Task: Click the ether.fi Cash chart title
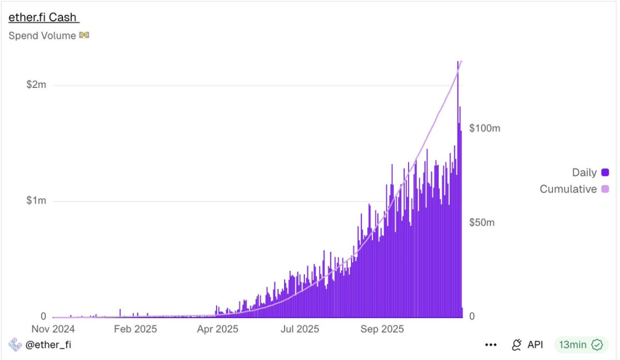[x=43, y=17]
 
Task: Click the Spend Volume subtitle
[x=42, y=36]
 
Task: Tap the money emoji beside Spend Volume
[x=84, y=36]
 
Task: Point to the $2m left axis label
[x=36, y=85]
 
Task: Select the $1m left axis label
[x=36, y=201]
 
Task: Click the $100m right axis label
[x=485, y=128]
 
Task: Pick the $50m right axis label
[x=482, y=223]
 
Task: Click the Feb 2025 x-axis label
[x=135, y=329]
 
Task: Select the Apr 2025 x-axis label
[x=217, y=329]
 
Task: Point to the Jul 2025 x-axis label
[x=299, y=329]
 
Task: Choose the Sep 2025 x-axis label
[x=382, y=329]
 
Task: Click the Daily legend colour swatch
[x=605, y=172]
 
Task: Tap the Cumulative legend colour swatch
[x=605, y=189]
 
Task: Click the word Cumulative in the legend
[x=568, y=189]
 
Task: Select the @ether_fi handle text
[x=48, y=344]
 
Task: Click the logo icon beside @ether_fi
[x=15, y=344]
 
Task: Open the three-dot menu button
[x=490, y=345]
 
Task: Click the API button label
[x=535, y=344]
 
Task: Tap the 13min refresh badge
[x=580, y=344]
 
